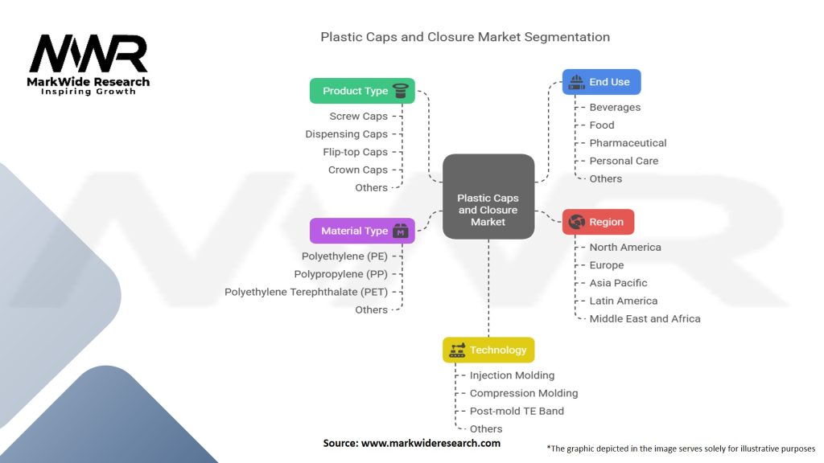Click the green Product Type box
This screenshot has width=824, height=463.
(x=362, y=91)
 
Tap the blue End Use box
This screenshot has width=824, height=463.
(x=601, y=82)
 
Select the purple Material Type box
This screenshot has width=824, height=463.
(x=362, y=231)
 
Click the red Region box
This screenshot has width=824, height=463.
(x=598, y=222)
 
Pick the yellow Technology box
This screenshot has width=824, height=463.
(x=488, y=350)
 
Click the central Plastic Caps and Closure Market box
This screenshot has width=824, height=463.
(x=488, y=197)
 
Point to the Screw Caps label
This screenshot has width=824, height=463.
(x=358, y=117)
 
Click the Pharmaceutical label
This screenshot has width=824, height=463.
(x=628, y=143)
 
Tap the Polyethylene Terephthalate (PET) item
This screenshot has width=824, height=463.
(x=306, y=292)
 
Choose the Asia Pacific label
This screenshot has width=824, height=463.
(x=618, y=283)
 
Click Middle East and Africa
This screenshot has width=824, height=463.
(x=645, y=318)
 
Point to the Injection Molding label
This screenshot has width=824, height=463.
(x=512, y=375)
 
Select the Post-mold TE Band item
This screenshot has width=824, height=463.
(x=517, y=411)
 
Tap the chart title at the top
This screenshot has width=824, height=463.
(x=465, y=37)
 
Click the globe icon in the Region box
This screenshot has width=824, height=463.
(x=576, y=222)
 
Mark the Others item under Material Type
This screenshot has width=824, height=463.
(x=371, y=309)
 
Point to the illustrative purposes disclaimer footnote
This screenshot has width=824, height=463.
(x=681, y=449)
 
